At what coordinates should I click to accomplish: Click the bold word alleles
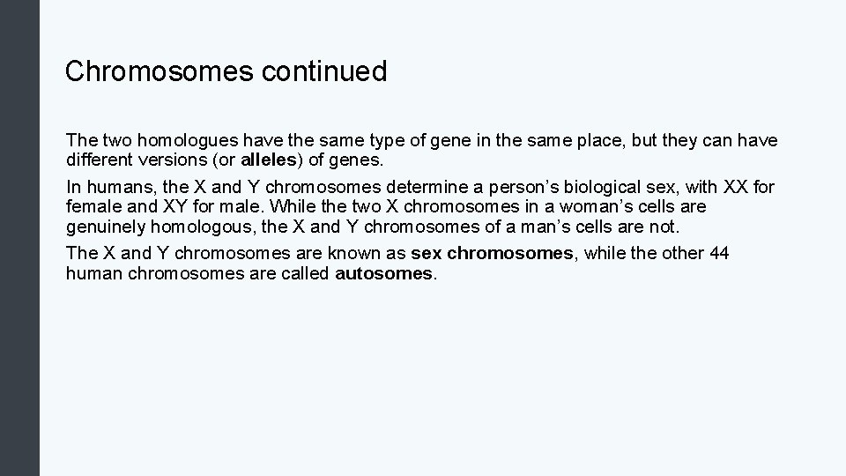[268, 161]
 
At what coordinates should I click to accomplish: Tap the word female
[93, 207]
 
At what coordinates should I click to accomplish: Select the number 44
[719, 253]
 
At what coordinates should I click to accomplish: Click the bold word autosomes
[385, 273]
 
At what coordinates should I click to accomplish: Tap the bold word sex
[427, 253]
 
